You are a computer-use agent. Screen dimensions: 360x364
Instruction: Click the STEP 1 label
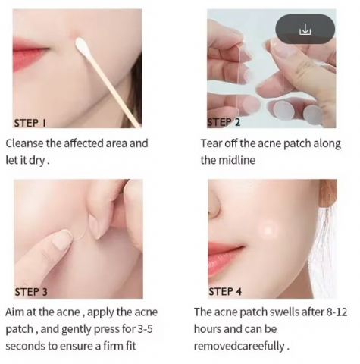click(x=30, y=123)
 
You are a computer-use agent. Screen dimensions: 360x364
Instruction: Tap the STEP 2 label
click(x=224, y=122)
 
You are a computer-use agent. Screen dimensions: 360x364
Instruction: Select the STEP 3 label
click(x=31, y=292)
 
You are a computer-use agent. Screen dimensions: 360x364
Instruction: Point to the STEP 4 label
click(x=225, y=291)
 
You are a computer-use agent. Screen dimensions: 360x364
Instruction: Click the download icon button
click(x=305, y=29)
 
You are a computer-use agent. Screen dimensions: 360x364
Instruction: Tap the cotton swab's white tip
click(x=82, y=46)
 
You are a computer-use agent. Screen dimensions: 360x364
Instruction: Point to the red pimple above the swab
click(x=75, y=36)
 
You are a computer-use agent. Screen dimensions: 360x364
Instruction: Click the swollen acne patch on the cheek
click(x=268, y=231)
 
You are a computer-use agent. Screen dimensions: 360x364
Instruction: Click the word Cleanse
click(x=24, y=143)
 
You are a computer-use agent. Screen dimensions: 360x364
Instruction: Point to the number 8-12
click(x=337, y=312)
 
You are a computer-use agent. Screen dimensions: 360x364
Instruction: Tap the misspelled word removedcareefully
click(x=239, y=346)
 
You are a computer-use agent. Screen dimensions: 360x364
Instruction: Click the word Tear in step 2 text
click(x=211, y=143)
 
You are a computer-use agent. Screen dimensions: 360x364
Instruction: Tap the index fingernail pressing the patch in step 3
click(x=63, y=238)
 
